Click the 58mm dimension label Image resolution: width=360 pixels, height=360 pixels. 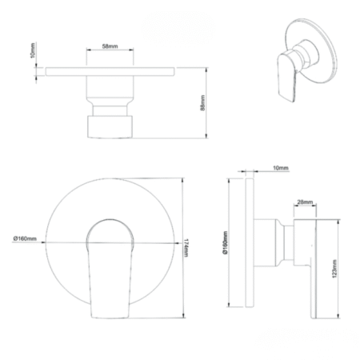110,46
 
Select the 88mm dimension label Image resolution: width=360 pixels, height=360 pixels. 202,102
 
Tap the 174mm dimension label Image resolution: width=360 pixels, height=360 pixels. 186,248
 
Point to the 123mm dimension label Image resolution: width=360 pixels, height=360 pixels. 334,269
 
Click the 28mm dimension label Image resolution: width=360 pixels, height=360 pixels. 305,202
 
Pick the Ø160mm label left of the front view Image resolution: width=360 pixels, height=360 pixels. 25,238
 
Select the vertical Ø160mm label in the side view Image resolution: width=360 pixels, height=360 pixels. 226,242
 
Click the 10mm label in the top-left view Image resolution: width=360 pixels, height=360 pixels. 33,50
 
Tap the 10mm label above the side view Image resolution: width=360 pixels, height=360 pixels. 281,168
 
